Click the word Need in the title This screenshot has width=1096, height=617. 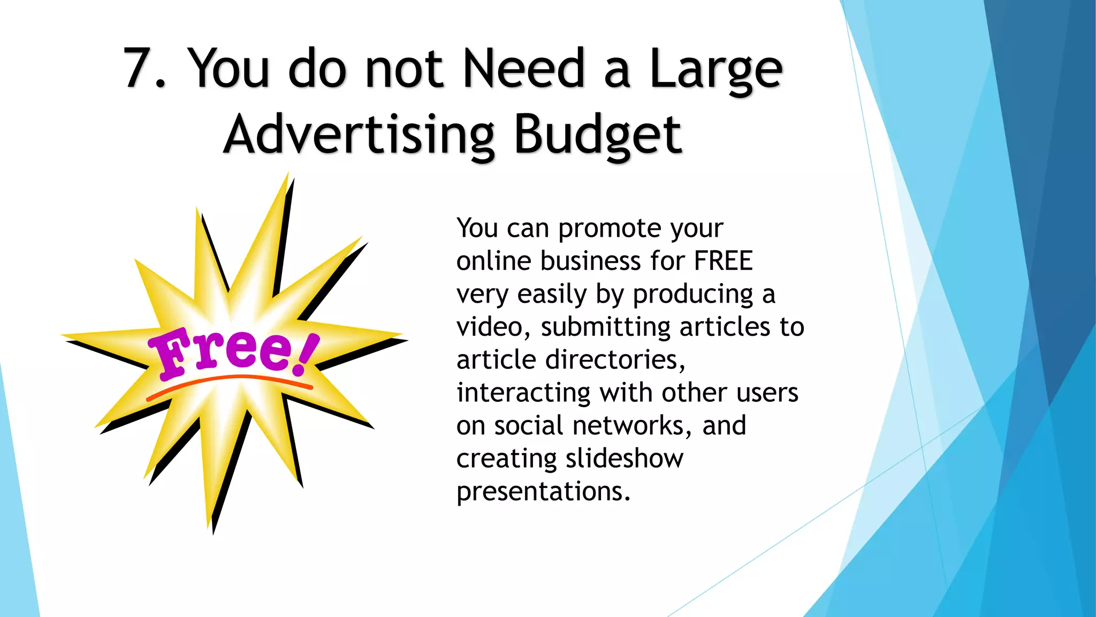[523, 69]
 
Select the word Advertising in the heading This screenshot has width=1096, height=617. [359, 136]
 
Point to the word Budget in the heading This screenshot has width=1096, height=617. [597, 136]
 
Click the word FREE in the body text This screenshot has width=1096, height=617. [723, 261]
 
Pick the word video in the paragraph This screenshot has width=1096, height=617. [490, 327]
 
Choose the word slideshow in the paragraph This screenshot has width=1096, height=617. [624, 459]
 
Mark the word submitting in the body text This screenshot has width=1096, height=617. [605, 327]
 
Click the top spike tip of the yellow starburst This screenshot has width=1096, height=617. [288, 175]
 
